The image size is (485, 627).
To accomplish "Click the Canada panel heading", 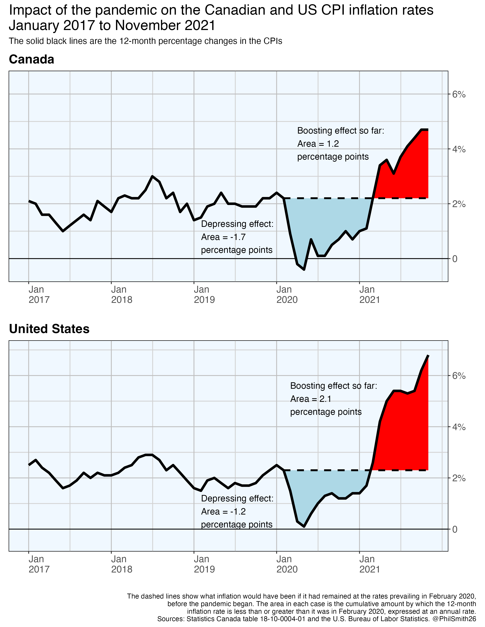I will [32, 59].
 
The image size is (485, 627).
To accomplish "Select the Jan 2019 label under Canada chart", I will [204, 294].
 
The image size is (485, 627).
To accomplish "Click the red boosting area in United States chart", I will [402, 436].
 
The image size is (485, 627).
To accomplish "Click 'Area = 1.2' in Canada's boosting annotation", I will [318, 144].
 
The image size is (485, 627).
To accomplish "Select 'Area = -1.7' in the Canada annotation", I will [223, 237].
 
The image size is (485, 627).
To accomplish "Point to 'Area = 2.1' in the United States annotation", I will [311, 399].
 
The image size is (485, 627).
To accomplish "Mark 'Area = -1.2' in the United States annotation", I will [223, 512].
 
